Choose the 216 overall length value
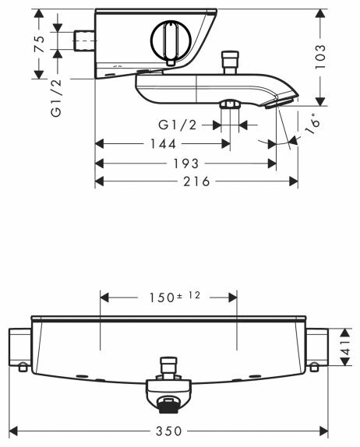coord(197,181)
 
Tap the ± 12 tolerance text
coord(190,294)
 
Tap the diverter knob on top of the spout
coord(230,62)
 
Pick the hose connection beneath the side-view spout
coord(230,105)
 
